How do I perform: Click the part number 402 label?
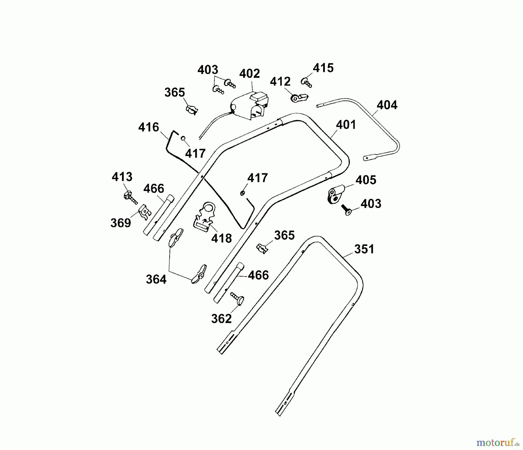[x=249, y=73]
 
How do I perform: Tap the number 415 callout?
[x=323, y=68]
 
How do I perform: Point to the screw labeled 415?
[x=307, y=82]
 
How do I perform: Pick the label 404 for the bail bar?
[x=387, y=105]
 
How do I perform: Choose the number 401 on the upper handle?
[x=346, y=125]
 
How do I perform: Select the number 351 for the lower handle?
[x=364, y=249]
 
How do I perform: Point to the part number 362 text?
[x=221, y=319]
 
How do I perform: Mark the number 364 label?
[x=156, y=280]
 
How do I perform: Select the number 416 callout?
[x=149, y=127]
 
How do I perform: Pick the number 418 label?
[x=221, y=239]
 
